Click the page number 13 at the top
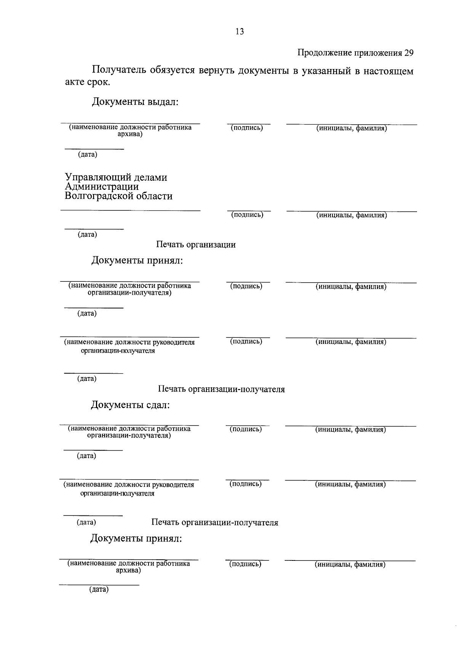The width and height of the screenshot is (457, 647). [240, 32]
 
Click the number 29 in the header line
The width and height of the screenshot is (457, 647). [408, 53]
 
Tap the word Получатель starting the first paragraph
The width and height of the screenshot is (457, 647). [118, 71]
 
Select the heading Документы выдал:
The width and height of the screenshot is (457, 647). [135, 102]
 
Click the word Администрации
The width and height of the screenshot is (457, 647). [102, 187]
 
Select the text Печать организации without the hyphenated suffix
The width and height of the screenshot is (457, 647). [196, 245]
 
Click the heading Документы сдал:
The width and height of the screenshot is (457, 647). [130, 405]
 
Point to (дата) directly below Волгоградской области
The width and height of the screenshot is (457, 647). [87, 234]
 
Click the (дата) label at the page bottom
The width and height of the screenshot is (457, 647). [99, 590]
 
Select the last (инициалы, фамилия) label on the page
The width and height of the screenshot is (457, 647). [350, 565]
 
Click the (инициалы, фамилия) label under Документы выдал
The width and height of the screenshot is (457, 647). [351, 128]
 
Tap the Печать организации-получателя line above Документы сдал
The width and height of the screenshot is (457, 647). [221, 389]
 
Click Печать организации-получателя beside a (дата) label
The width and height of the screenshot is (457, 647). [215, 523]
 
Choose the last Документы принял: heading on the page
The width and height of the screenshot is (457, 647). [136, 539]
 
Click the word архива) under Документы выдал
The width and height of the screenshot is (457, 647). [130, 134]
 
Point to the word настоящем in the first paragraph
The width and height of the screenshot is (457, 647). [388, 71]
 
